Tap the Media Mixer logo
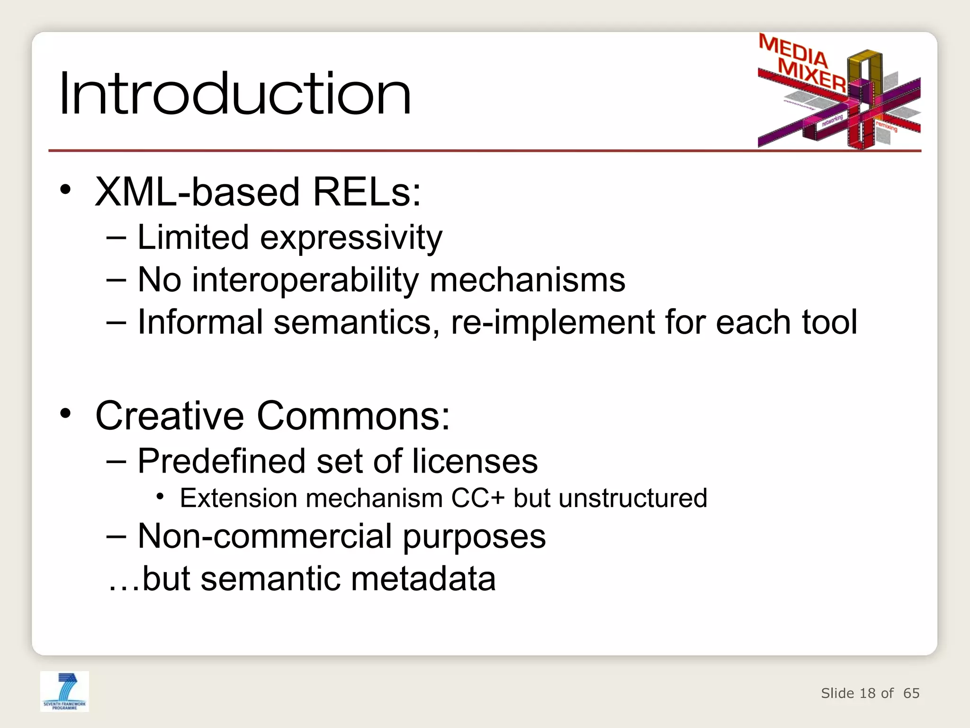[x=839, y=91]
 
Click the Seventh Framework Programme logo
[x=64, y=691]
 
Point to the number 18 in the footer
[x=867, y=693]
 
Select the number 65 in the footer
[x=911, y=693]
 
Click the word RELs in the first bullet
[x=367, y=192]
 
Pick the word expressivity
[x=351, y=238]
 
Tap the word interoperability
[x=305, y=280]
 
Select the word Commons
[x=353, y=416]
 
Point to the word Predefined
[x=221, y=461]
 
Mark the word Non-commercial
[x=265, y=537]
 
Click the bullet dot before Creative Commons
[x=65, y=413]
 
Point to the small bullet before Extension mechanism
[x=160, y=497]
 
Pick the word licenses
[x=475, y=461]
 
